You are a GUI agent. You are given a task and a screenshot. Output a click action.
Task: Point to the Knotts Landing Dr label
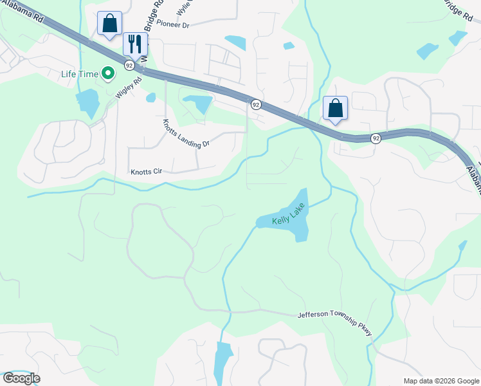[186, 134]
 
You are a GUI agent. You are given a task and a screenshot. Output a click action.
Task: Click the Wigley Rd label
[128, 86]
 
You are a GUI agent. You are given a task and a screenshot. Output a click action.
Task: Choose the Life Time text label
[80, 74]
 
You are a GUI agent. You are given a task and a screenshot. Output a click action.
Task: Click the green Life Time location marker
[109, 74]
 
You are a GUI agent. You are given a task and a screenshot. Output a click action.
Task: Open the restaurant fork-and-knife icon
[135, 44]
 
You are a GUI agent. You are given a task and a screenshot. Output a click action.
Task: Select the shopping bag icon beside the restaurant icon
[109, 23]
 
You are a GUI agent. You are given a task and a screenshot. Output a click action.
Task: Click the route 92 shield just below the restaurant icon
[129, 65]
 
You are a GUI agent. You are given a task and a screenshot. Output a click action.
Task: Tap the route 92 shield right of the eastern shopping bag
[376, 138]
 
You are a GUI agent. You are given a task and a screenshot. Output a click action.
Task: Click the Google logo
[21, 378]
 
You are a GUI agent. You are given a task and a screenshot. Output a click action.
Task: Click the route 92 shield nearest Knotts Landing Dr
[255, 104]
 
